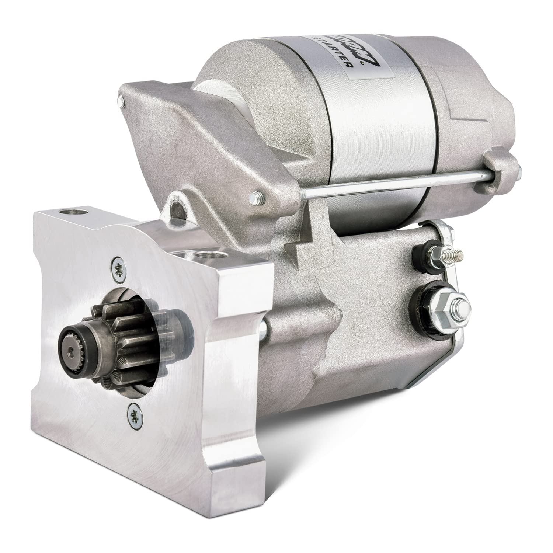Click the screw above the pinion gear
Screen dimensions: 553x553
pos(118,264)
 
